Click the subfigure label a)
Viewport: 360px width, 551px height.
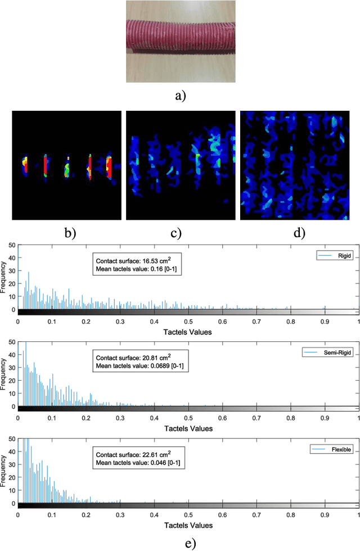coord(180,96)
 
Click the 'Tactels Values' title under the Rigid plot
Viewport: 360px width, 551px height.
coord(188,331)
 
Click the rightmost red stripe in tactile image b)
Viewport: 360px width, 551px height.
coord(109,166)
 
